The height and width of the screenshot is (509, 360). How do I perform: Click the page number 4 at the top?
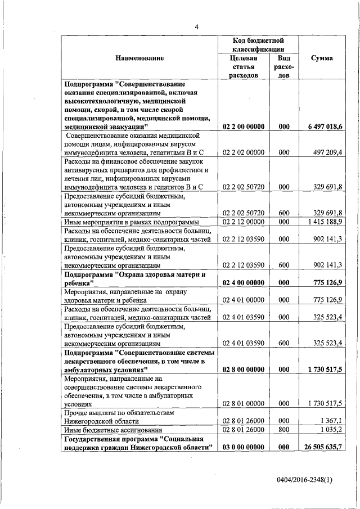[197, 26]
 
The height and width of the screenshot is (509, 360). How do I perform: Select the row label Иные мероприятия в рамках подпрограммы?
[128, 222]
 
